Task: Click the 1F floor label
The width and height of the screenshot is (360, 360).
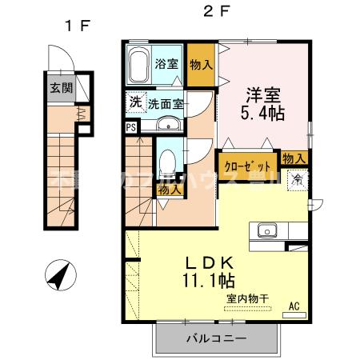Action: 78,25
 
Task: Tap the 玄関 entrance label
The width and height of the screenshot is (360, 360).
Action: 55,89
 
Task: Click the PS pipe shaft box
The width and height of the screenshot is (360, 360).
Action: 130,126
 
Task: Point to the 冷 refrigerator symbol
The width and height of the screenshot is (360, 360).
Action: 298,178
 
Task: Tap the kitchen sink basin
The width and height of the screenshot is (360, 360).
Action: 266,232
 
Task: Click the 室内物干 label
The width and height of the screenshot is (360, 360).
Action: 247,298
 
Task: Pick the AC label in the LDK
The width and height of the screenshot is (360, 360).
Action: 294,304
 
